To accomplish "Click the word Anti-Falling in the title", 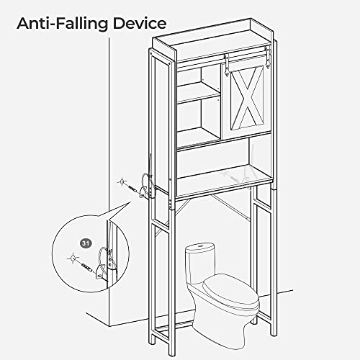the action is (63, 24).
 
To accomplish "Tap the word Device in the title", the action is (140, 24).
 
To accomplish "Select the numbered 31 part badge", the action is (86, 243).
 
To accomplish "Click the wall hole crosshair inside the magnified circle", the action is (72, 258).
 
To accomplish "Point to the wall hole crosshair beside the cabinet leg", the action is (122, 181).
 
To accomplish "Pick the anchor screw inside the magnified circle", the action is (86, 267).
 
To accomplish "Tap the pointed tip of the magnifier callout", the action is (131, 201).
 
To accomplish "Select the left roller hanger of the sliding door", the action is (226, 64).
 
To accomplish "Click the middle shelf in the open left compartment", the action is (199, 92).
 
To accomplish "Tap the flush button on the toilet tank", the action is (200, 246).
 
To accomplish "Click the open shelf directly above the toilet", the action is (225, 181).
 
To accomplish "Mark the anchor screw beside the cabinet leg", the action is (133, 188).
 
